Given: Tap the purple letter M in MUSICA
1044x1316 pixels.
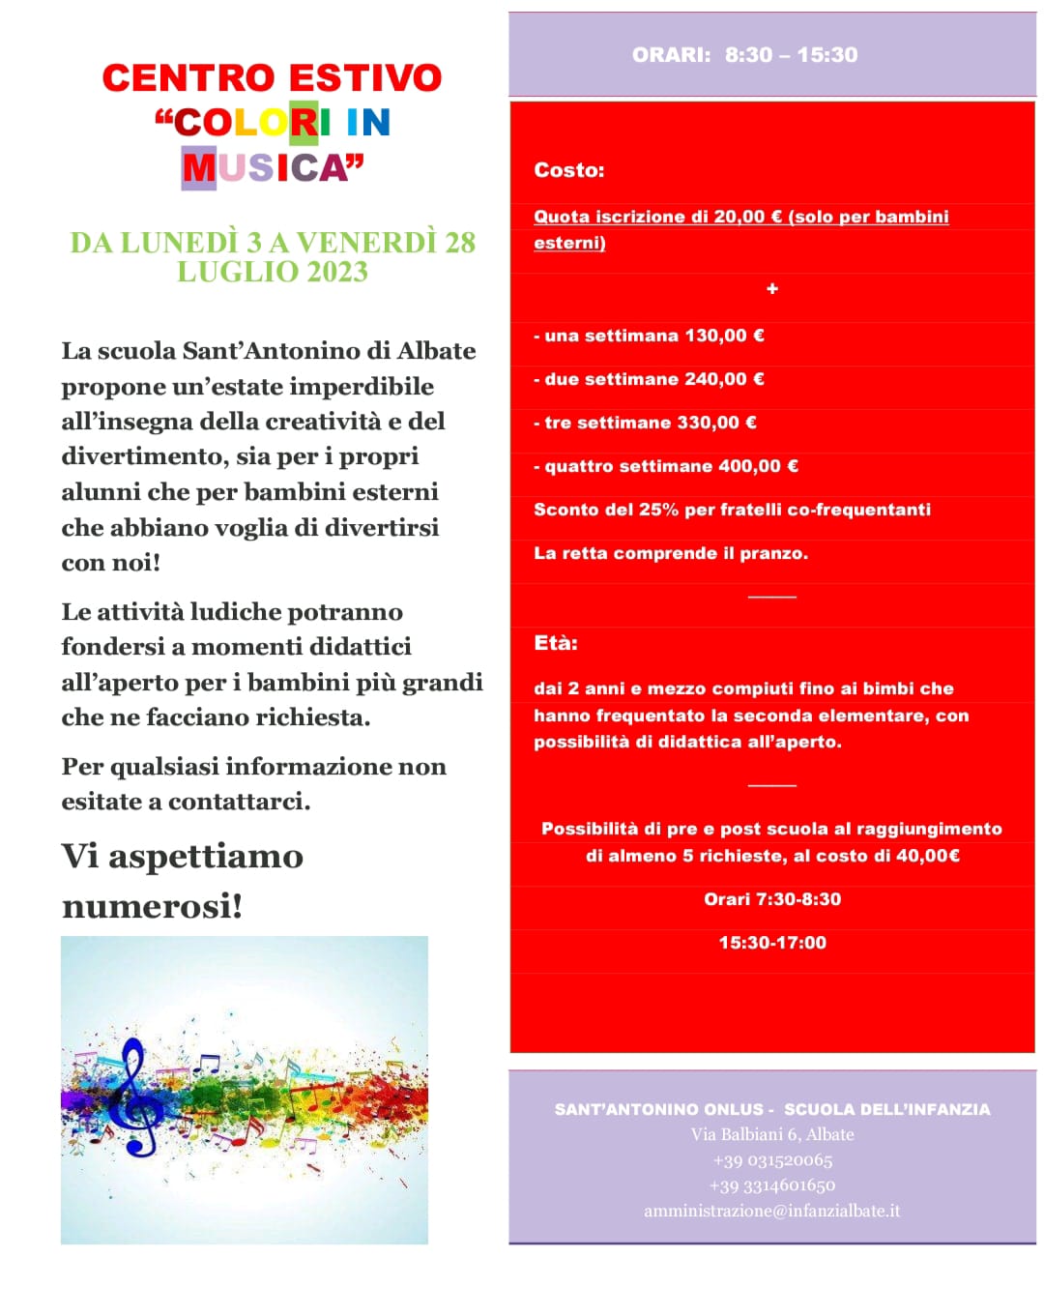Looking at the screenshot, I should click(199, 168).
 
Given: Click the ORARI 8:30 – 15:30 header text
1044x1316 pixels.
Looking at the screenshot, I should click(744, 55).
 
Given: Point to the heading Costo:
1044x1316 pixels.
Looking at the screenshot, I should click(568, 170).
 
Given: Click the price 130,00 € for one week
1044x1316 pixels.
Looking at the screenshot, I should click(724, 336).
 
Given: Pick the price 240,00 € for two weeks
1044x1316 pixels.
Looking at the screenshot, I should click(724, 379).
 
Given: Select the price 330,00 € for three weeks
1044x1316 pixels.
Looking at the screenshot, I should click(716, 423).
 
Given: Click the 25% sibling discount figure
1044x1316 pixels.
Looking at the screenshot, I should click(658, 510).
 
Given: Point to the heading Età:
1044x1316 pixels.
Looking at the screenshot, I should click(555, 643).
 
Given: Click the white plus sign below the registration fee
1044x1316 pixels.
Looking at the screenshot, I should click(771, 289).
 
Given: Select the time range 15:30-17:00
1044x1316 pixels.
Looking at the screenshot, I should click(772, 943).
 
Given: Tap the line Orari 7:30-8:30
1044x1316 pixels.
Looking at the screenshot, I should click(772, 899).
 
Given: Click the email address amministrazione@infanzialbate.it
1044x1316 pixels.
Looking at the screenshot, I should click(771, 1211).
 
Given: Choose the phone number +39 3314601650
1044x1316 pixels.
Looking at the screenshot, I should click(771, 1185).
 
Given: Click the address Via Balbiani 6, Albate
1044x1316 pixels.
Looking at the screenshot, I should click(771, 1134).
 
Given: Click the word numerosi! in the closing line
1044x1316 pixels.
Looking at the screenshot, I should click(152, 906).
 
